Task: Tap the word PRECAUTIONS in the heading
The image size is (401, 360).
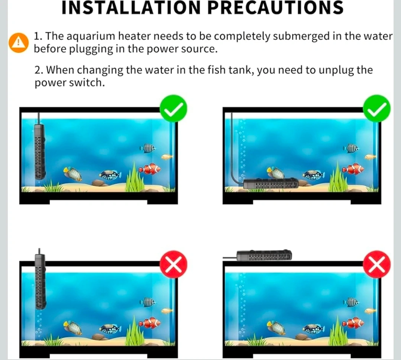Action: coord(275,8)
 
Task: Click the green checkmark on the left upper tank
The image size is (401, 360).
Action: coord(174,108)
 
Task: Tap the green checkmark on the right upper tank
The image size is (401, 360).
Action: coord(377,108)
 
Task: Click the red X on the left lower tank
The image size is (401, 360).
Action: coord(174,264)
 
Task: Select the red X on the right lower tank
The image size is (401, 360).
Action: coord(377,264)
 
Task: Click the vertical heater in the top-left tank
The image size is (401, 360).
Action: coord(40,151)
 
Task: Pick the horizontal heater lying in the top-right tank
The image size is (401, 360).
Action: coord(271,183)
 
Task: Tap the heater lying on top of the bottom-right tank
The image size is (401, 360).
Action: coord(264,255)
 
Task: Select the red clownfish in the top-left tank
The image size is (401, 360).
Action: coord(150,169)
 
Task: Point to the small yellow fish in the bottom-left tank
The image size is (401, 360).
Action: coord(167,311)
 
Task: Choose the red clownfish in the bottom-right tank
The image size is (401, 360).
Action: coord(353,323)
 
